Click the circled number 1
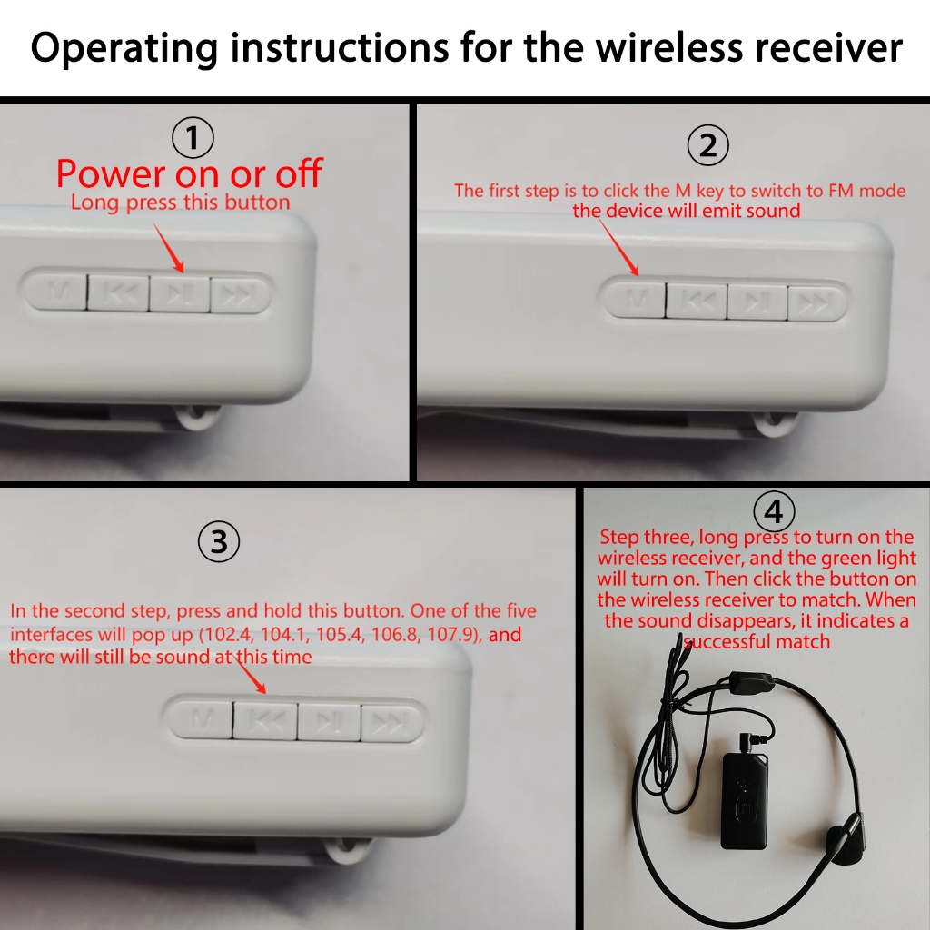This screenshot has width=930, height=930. (193, 138)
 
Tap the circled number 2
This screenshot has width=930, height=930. (708, 145)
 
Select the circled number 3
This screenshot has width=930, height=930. (219, 541)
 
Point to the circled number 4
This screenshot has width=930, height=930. (774, 511)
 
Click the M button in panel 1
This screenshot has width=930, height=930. (56, 292)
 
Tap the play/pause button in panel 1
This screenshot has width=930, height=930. (179, 293)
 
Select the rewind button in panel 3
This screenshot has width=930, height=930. (264, 721)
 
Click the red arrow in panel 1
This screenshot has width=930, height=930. (168, 248)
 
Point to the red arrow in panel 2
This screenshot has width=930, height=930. (618, 247)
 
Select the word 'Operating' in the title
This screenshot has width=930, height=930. (124, 49)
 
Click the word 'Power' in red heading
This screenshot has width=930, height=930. (111, 173)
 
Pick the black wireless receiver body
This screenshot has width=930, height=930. (745, 801)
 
